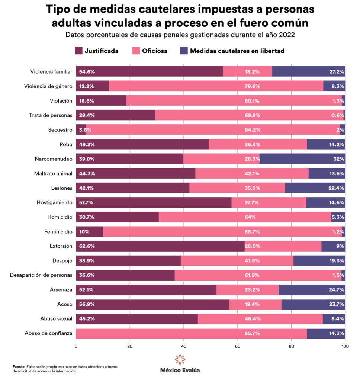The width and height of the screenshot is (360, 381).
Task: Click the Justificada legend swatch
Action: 78,51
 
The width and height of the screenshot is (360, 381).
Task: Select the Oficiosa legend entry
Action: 154,51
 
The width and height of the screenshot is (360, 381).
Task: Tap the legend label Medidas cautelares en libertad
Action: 237,51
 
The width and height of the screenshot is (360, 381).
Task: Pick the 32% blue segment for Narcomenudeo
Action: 302,159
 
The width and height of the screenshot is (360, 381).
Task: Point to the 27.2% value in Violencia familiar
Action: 336,71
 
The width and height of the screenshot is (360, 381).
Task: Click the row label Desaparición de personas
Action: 41,275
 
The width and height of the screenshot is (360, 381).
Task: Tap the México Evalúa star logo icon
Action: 180,359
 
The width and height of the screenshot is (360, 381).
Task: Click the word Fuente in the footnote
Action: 19,366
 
